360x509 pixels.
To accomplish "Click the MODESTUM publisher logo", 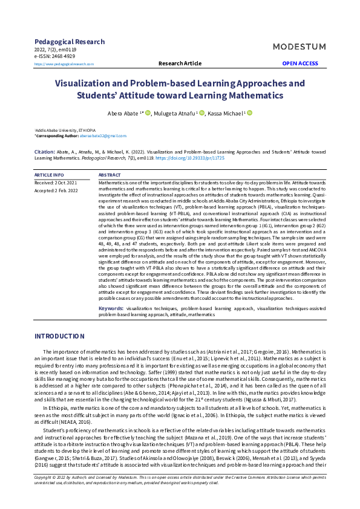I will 298,47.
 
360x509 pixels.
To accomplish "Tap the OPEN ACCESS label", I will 300,63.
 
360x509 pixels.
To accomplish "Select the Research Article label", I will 180,63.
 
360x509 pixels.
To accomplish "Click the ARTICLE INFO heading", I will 50,175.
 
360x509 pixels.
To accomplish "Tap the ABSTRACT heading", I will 110,175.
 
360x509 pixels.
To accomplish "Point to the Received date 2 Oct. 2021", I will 56,182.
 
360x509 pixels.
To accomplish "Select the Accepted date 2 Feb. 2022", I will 56,190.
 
